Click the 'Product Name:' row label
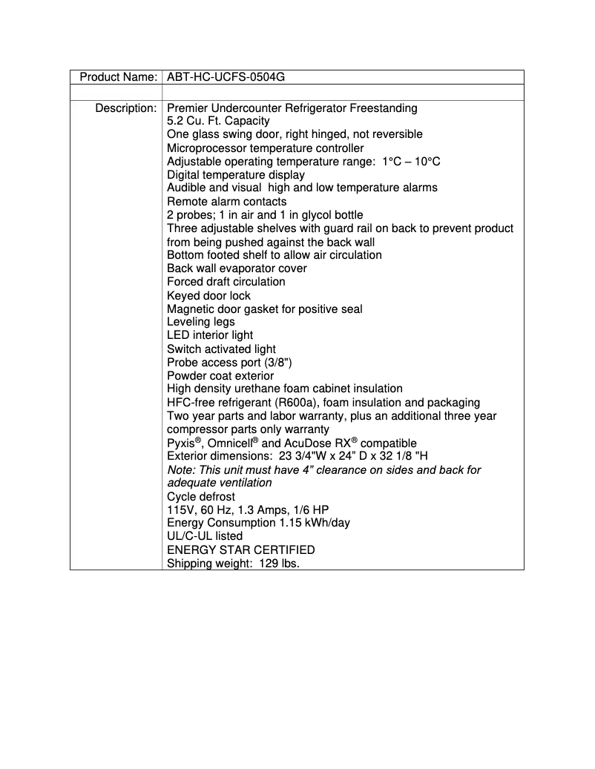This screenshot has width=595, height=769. click(x=118, y=77)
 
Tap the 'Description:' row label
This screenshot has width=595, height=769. click(x=125, y=108)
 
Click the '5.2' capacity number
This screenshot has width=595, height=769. click(x=176, y=121)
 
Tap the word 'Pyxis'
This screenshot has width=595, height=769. click(x=181, y=443)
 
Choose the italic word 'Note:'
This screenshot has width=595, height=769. click(x=181, y=470)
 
